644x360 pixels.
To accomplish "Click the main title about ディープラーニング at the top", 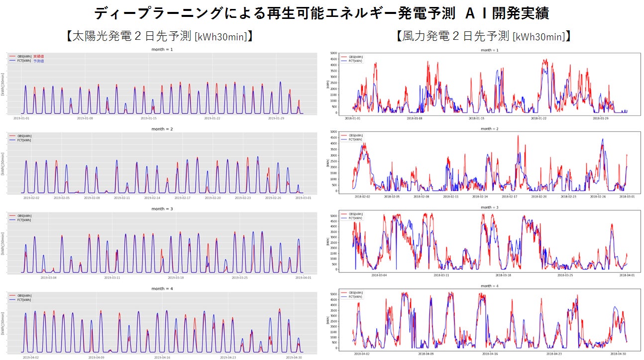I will pyautogui.click(x=322, y=13).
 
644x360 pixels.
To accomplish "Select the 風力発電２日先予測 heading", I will pyautogui.click(x=483, y=36).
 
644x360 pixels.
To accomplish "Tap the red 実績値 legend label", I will pyautogui.click(x=38, y=57).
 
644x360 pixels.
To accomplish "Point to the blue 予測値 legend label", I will pyautogui.click(x=38, y=61).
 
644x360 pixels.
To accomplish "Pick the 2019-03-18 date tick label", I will pyautogui.click(x=175, y=277).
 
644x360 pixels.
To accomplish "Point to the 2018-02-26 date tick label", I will pyautogui.click(x=597, y=197).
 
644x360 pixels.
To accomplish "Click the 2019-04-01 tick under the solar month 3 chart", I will pyautogui.click(x=303, y=277).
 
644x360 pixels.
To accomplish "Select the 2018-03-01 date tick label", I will pyautogui.click(x=626, y=197).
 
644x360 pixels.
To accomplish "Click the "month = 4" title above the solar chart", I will pyautogui.click(x=162, y=289).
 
